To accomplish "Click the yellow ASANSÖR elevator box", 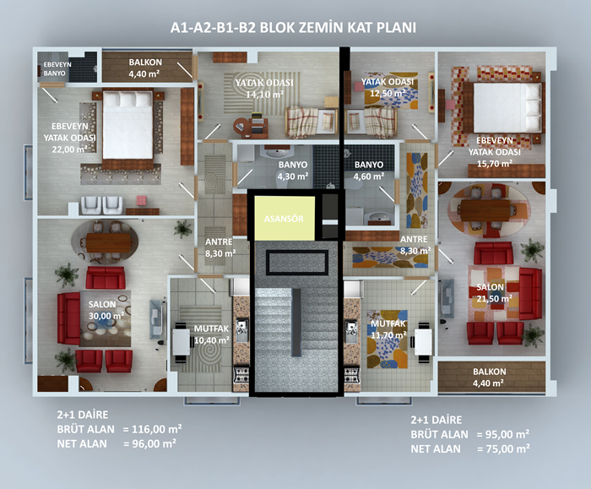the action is click(x=285, y=218).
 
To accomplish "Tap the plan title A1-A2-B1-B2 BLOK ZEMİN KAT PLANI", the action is click(x=293, y=28).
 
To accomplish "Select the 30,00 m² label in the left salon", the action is click(x=106, y=316).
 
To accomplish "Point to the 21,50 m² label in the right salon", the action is click(x=494, y=299).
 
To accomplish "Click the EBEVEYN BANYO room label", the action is click(x=57, y=68).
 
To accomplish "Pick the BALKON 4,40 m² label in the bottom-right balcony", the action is click(x=489, y=378).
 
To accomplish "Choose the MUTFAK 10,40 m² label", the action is click(x=211, y=334).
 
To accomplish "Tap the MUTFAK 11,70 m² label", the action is click(x=388, y=329).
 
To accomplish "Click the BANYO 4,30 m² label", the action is click(x=293, y=171).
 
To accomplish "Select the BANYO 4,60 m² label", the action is click(x=369, y=171).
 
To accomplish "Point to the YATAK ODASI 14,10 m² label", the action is click(x=264, y=89).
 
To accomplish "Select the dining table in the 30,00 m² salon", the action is click(x=109, y=242).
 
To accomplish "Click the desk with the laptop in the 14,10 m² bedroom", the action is click(x=251, y=127).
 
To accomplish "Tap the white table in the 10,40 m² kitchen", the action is click(x=182, y=342).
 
